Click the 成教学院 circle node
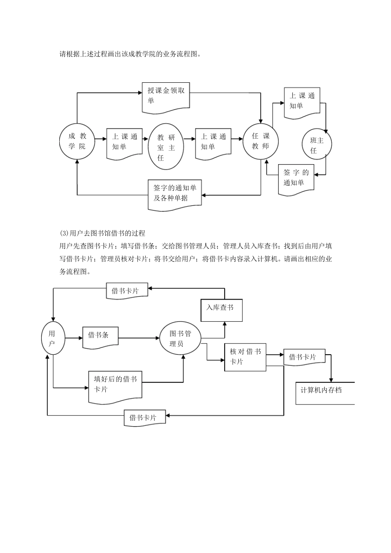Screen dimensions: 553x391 point(77,141)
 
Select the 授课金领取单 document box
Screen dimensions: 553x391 point(166,97)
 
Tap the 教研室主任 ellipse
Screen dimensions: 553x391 point(165,147)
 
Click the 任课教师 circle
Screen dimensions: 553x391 point(260,141)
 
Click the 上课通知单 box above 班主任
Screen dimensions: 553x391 point(302,102)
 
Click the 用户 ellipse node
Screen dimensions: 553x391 point(53,338)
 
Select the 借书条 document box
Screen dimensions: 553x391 point(100,336)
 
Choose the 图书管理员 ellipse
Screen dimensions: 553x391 point(180,339)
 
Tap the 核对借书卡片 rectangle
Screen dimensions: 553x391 point(245,357)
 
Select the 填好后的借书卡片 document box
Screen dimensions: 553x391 point(115,385)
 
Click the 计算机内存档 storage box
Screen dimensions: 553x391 point(325,393)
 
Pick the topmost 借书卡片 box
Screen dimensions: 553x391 point(127,291)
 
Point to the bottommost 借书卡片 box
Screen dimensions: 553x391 point(145,418)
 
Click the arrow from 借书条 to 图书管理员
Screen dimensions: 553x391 point(139,338)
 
